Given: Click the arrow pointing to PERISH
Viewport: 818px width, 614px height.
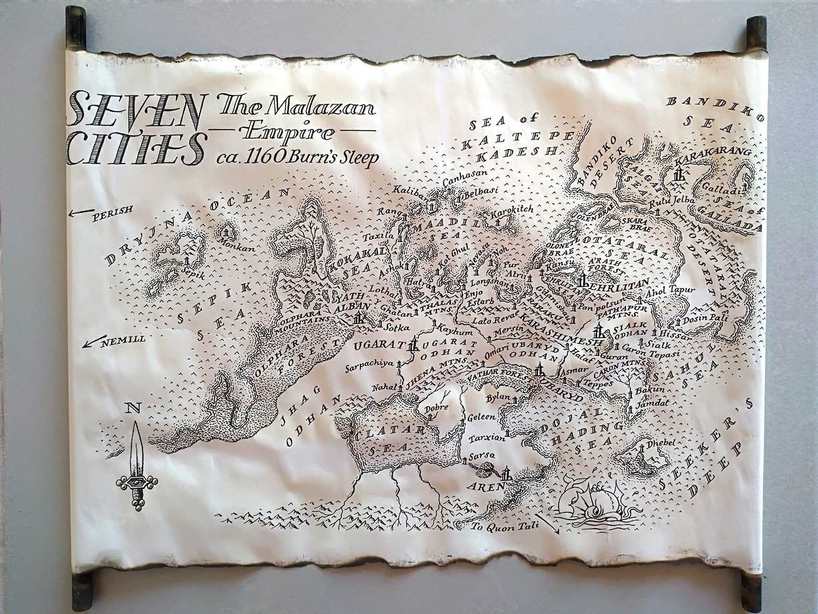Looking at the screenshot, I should (x=80, y=212).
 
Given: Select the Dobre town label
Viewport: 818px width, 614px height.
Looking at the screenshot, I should (x=437, y=407).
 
